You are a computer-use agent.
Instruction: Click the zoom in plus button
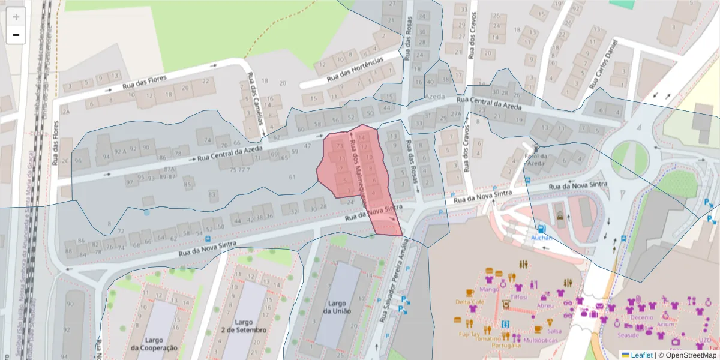point(16,17)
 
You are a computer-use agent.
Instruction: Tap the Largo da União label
point(336,307)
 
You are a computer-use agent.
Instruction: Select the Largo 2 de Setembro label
point(244,326)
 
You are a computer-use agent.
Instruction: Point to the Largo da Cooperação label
point(154,344)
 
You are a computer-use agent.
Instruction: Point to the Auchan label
point(541,238)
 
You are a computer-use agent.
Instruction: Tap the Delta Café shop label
point(470,302)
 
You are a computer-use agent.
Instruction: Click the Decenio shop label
point(642,317)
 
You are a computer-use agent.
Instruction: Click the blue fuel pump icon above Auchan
point(542,228)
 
